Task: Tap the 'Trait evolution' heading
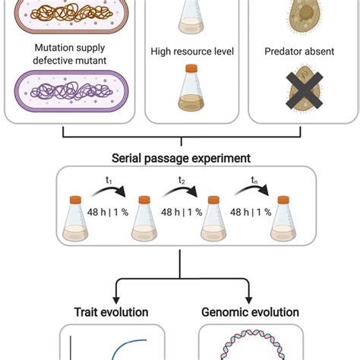point(111,312)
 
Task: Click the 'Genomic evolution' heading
point(250,312)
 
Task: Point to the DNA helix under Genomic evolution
point(250,348)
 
